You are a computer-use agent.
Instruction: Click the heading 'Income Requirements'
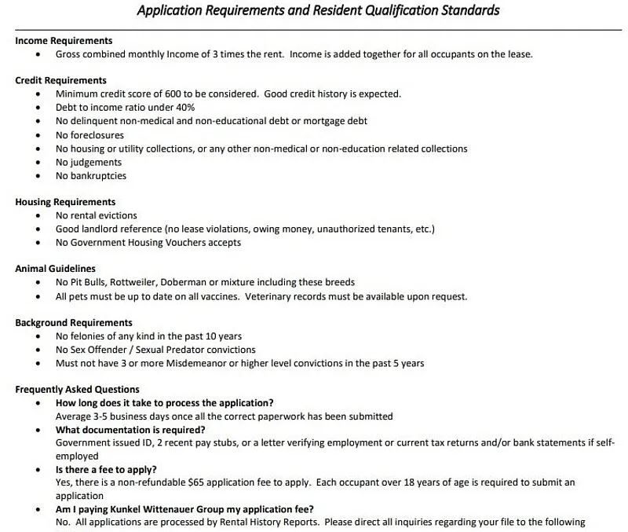(64, 40)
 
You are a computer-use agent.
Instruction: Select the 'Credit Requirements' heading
(60, 80)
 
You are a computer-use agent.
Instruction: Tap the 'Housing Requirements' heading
(65, 202)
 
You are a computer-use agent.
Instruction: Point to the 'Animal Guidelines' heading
(55, 269)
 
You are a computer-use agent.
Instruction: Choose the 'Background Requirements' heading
(74, 323)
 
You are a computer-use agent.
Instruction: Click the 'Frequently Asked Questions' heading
(77, 390)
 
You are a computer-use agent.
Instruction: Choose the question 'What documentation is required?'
(130, 430)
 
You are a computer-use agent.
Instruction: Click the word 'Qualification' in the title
(386, 11)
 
